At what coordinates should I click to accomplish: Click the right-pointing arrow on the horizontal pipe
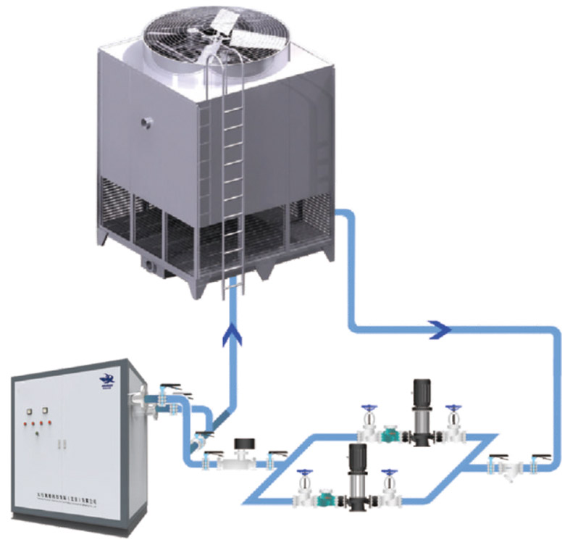click(x=440, y=330)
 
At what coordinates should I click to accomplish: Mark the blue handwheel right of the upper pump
click(x=453, y=409)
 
